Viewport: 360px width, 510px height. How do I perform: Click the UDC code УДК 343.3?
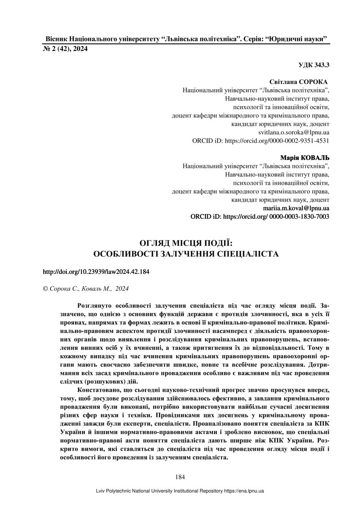click(314, 65)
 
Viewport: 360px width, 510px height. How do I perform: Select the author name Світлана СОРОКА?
click(299, 82)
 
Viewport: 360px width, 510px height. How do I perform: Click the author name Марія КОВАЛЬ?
click(305, 158)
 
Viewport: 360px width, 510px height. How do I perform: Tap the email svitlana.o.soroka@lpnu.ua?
click(293, 132)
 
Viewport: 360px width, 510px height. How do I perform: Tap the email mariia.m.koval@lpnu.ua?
click(296, 208)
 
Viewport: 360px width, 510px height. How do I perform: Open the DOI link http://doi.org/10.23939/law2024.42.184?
click(96, 272)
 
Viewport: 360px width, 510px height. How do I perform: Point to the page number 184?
click(180, 477)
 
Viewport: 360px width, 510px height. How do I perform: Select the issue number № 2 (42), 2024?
click(65, 49)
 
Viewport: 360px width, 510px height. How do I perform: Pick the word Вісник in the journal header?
click(56, 39)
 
